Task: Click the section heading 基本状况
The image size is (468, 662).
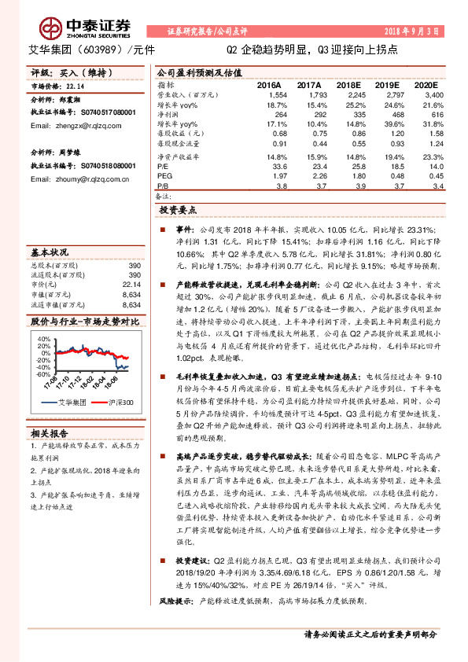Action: tap(50, 253)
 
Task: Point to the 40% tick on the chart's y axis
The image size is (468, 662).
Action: tap(42, 337)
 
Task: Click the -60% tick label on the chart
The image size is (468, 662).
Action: tap(41, 374)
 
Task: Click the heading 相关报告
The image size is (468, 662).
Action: tap(49, 432)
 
